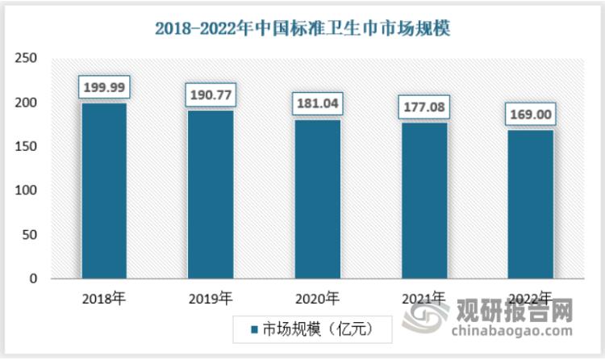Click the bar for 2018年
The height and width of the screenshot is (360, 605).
104,190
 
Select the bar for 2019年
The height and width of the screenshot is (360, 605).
211,195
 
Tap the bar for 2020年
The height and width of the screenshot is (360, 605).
317,199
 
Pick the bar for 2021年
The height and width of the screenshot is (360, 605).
423,200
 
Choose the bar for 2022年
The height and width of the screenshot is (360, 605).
530,204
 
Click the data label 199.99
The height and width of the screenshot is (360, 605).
104,86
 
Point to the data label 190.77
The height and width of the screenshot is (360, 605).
211,94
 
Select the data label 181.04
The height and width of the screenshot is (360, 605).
317,102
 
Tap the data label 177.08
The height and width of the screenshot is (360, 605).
423,106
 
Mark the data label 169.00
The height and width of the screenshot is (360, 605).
530,114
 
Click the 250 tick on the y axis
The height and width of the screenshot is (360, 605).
27,59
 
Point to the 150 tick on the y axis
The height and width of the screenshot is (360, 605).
27,147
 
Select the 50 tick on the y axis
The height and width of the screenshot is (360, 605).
30,235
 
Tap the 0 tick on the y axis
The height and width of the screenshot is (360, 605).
33,279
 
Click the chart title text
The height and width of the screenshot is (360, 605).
302,27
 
